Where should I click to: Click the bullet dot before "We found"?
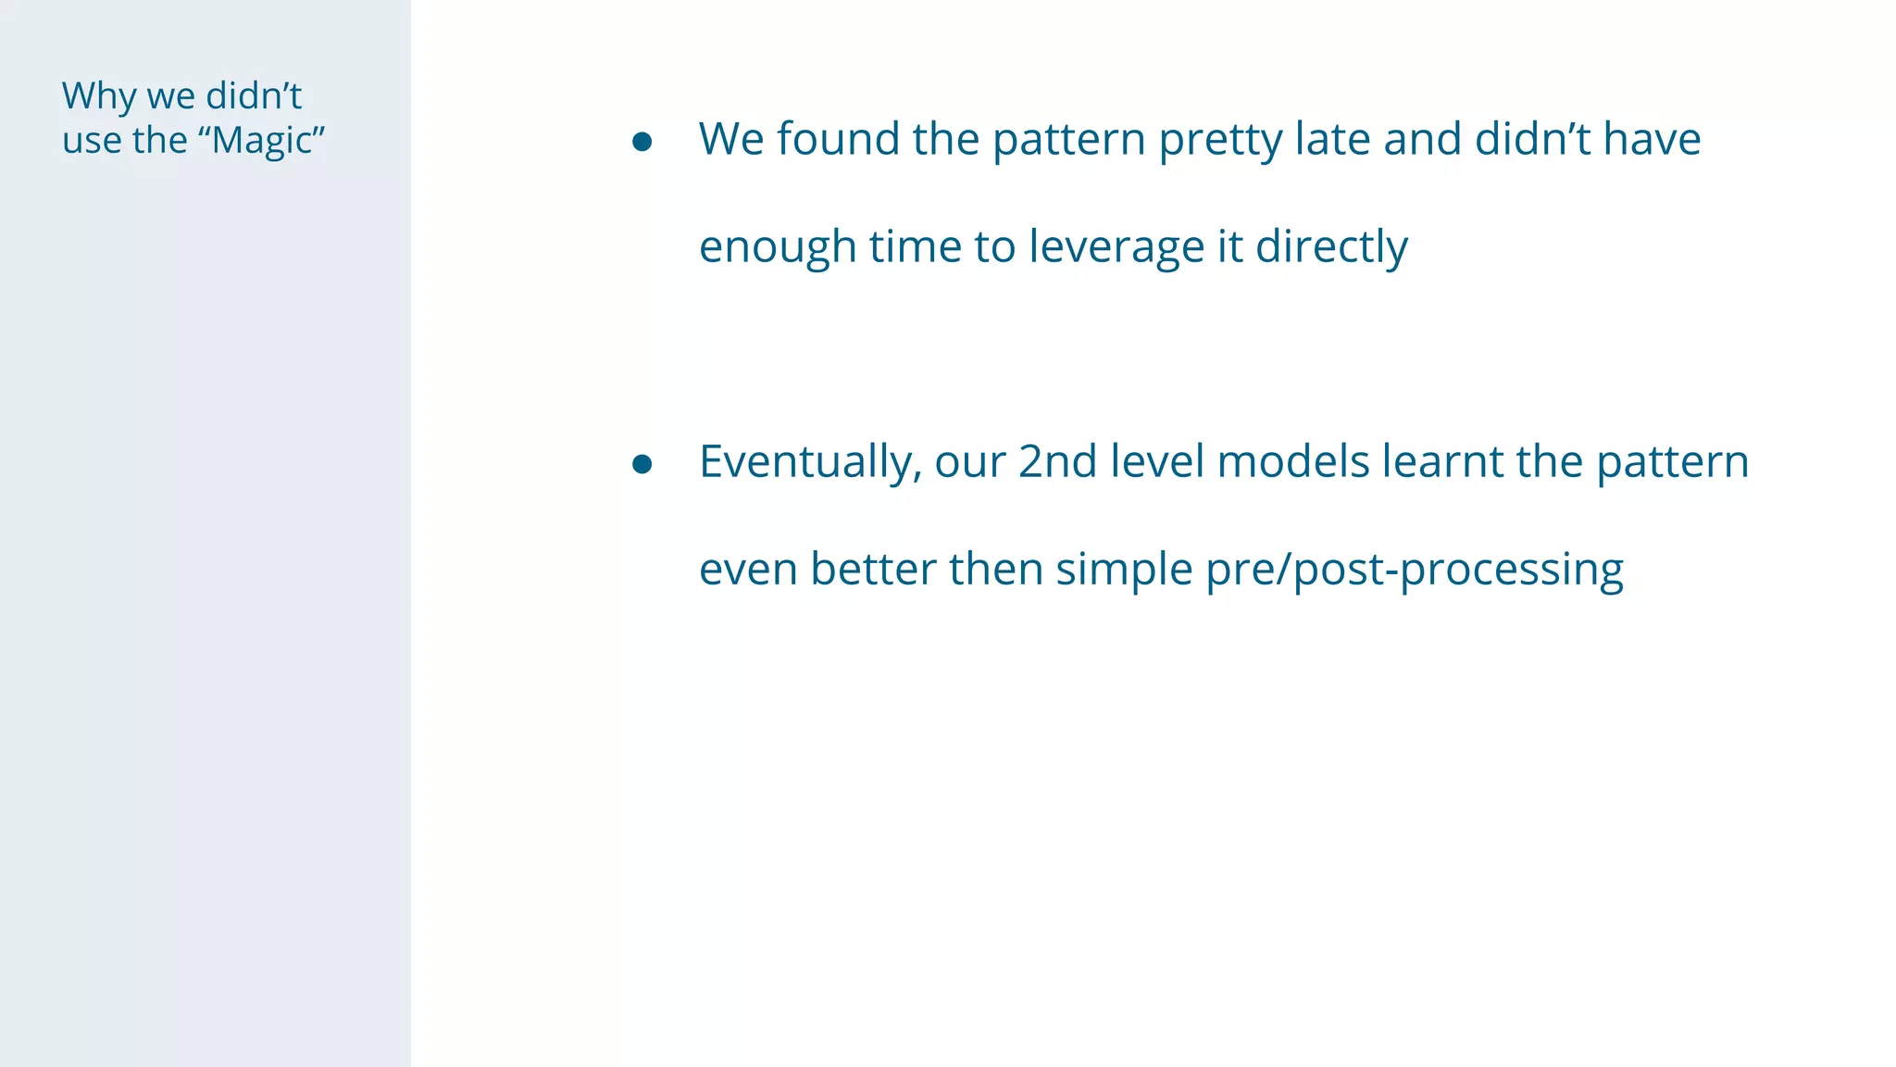[x=642, y=142]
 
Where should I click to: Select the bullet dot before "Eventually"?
[x=642, y=464]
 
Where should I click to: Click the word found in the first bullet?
[x=838, y=139]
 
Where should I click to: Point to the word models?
[x=1292, y=461]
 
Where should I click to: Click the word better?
[x=873, y=569]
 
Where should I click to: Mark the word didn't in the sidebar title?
[x=254, y=96]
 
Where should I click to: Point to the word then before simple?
[x=995, y=569]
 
